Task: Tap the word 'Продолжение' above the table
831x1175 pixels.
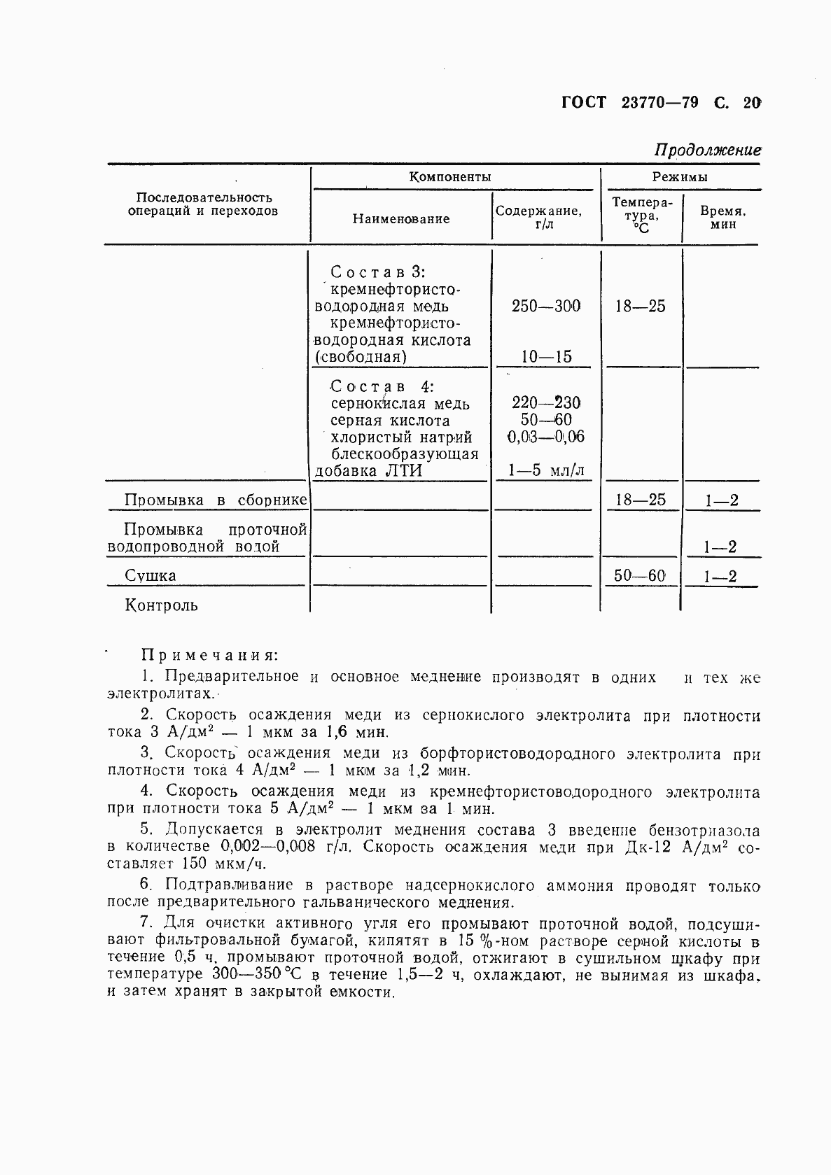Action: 707,150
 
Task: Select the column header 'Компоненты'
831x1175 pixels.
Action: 449,177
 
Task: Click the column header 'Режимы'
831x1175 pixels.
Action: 680,177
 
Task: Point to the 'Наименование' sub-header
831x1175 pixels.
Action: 401,219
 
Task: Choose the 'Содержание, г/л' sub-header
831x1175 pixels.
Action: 538,218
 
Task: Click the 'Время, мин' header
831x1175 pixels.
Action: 722,218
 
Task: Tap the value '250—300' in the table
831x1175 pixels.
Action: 546,307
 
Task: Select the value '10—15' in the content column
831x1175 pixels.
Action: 546,357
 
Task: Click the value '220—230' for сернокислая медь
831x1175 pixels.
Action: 546,403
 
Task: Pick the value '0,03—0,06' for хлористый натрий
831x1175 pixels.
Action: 546,437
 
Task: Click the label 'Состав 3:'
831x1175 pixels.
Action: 378,272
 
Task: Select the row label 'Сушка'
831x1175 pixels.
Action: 151,576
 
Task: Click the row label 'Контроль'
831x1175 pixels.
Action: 161,605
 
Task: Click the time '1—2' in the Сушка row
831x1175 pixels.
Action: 720,577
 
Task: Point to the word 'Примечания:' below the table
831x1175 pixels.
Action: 210,656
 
